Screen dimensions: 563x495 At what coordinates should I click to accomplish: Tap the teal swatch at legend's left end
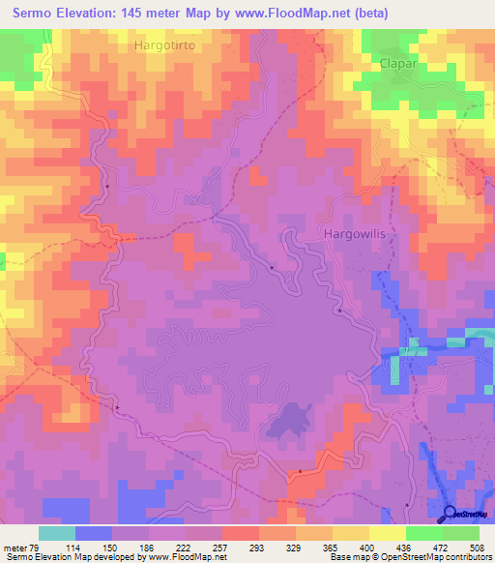[57, 533]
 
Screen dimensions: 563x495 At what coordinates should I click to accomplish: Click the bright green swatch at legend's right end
[461, 533]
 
